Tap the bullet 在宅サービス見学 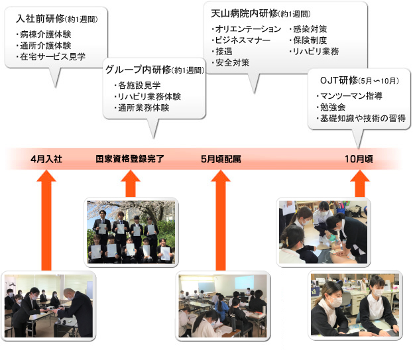[54, 57]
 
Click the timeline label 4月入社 [46, 159]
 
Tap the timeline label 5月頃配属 [221, 159]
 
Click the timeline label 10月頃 [359, 159]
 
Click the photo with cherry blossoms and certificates [131, 231]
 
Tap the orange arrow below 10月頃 [359, 184]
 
